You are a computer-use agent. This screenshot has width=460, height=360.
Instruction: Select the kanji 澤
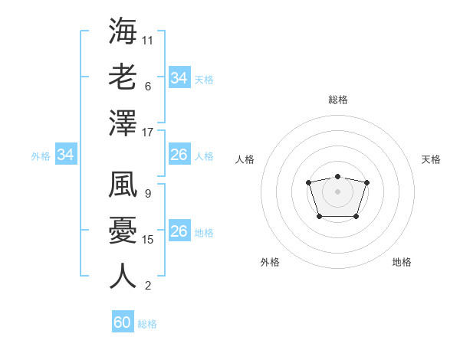pos(123,123)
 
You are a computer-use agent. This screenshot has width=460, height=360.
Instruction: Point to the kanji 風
pos(123,185)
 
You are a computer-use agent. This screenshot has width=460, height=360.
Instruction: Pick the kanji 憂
pos(123,231)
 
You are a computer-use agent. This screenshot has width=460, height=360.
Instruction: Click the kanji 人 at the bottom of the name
pos(123,276)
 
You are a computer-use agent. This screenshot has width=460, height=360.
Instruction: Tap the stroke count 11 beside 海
pos(148,40)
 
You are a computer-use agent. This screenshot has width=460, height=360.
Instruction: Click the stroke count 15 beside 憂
pos(149,240)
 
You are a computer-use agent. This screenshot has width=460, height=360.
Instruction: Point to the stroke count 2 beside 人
pos(148,286)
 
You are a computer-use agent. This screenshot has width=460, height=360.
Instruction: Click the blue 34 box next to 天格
pos(179,78)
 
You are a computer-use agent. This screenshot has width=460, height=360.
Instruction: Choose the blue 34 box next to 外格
pos(66,155)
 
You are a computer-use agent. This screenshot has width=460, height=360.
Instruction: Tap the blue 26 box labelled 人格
pos(179,155)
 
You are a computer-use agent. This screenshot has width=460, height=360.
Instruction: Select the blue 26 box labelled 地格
pos(179,232)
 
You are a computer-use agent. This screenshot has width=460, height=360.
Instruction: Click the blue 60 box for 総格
pos(123,322)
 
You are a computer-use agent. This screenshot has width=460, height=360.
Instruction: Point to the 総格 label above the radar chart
pos(337,100)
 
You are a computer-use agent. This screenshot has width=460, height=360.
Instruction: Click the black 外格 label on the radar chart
pos(270,262)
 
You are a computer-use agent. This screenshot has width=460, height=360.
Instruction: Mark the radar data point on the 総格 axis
pos(337,177)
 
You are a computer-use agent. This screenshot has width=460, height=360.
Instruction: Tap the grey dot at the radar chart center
pos(337,191)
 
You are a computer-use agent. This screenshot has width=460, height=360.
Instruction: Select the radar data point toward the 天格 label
pos(366,182)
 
